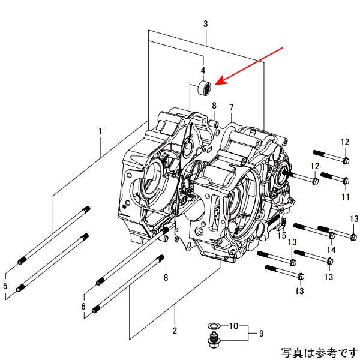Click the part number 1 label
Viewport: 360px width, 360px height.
(101, 131)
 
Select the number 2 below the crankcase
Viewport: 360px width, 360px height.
(175, 330)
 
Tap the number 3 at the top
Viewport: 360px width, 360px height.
(206, 24)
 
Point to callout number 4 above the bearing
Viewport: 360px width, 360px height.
(203, 70)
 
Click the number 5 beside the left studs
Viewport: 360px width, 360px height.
(6, 286)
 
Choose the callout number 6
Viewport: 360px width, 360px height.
(83, 306)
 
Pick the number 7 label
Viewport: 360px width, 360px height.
(231, 107)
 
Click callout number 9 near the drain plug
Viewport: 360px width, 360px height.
(261, 332)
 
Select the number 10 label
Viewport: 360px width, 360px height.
(234, 326)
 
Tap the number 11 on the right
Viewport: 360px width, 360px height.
(345, 196)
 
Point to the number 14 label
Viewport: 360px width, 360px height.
(331, 250)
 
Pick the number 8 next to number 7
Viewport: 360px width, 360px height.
(214, 106)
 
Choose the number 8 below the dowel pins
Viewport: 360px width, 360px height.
(166, 277)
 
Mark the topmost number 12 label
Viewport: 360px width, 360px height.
(345, 142)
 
